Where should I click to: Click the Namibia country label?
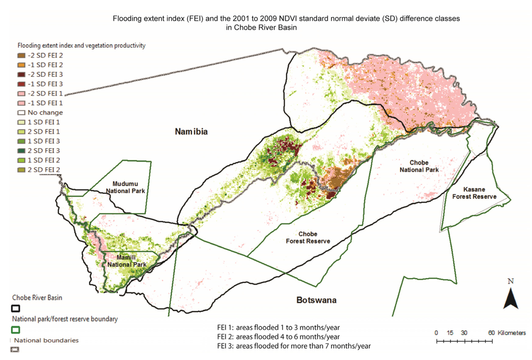click(191, 132)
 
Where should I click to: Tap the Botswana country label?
click(316, 300)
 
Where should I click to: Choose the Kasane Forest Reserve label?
click(474, 193)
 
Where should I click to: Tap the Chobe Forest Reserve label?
click(308, 237)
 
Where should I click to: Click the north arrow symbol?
click(511, 298)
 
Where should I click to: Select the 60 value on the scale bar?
click(491, 332)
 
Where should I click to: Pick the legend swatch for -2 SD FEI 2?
click(21, 55)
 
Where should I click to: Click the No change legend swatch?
click(21, 112)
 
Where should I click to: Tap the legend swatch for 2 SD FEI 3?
click(21, 150)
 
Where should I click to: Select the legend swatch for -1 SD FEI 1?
click(21, 103)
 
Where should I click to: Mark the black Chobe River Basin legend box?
click(16, 308)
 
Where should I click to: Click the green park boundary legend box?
click(16, 329)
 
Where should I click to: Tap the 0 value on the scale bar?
click(436, 332)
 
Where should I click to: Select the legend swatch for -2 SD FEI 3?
click(21, 74)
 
